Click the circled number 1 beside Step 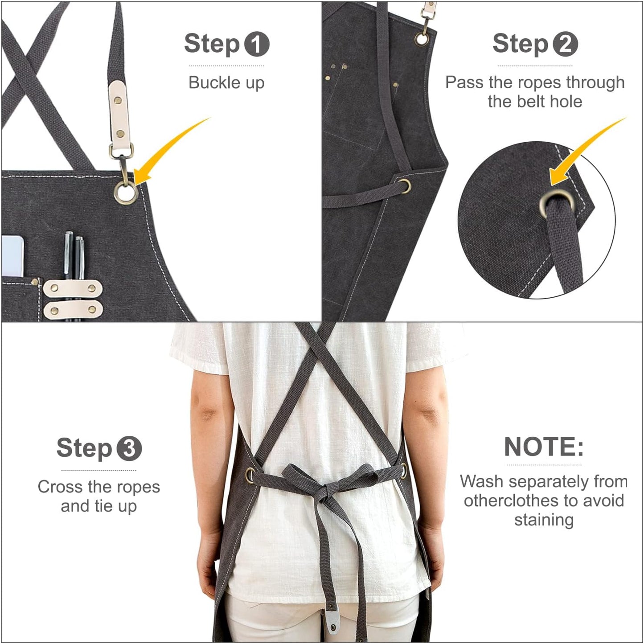click(256, 44)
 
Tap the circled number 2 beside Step click(565, 44)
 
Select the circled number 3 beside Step click(129, 448)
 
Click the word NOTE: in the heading click(544, 447)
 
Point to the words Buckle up click(226, 83)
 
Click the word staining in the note click(544, 520)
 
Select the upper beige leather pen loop click(73, 288)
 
